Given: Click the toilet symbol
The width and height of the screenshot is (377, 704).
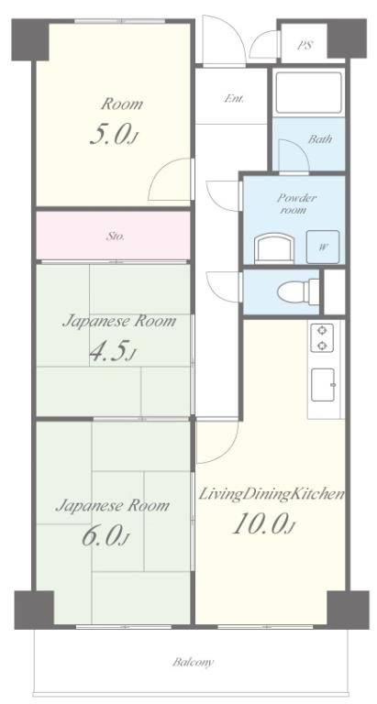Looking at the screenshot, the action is coord(298,291).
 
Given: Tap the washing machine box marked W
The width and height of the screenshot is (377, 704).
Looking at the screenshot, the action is coord(323,247).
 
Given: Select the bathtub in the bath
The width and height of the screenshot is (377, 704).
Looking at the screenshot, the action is coord(308,92).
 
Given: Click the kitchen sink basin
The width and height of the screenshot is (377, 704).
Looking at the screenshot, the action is coord(323,384).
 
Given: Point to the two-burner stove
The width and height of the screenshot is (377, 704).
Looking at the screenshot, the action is coord(322,337).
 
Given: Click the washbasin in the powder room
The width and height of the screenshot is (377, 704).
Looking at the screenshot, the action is coord(274,249).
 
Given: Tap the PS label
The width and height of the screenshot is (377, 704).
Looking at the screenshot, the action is coord(305,45).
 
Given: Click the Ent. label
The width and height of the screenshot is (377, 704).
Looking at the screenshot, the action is coord(234,99).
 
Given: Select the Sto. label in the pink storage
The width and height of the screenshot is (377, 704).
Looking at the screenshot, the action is coord(116,236).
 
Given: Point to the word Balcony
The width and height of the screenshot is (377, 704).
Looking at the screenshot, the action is coord(194,662).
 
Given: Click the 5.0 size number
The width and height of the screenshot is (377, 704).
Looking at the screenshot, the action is coord(112,135).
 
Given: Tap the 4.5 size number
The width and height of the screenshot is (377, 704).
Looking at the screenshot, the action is coord(112,351).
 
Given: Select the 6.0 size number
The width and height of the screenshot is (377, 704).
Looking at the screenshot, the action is coord(106,535).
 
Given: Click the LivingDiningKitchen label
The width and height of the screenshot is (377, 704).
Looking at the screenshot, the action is coord(272,494).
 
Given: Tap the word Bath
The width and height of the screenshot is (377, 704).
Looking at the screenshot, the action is coord(320,139).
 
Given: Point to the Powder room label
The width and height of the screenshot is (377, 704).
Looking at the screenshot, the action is coord(296,203).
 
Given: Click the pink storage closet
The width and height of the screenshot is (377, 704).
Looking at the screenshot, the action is coord(113,236).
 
